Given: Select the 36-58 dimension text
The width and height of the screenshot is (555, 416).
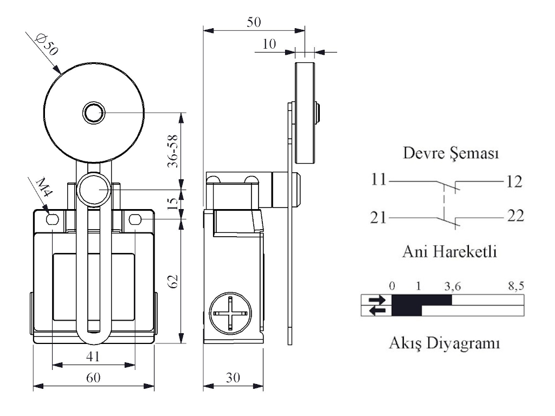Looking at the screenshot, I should tap(173, 151).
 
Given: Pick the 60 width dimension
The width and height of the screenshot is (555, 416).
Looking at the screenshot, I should tap(94, 378).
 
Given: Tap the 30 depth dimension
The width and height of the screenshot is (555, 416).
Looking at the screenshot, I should tap(233, 378).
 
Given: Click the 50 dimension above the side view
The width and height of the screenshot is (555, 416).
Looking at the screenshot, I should tap(254, 22).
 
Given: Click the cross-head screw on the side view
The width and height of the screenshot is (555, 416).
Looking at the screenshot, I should tap(229, 314).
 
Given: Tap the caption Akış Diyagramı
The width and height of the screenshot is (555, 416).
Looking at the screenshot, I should tap(444, 343).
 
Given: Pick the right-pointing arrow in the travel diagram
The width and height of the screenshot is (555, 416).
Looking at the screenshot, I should tap(376, 300).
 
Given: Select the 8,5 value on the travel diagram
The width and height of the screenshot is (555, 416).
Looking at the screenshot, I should tap(516, 285).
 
